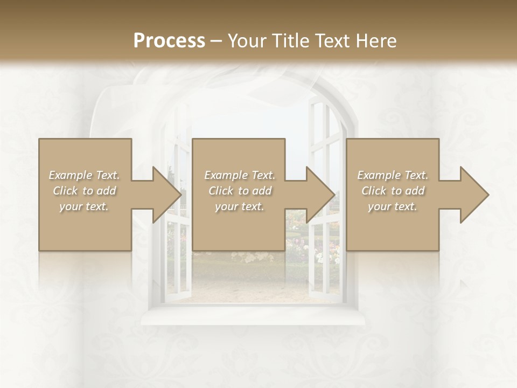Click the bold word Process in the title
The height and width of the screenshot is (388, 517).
169,41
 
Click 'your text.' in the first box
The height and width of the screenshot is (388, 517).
84,206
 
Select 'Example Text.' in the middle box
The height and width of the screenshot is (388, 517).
240,175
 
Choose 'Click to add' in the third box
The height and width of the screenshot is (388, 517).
393,191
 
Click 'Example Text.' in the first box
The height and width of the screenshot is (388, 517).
84,175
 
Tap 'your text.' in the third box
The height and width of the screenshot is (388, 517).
393,206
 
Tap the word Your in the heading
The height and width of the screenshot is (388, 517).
243,41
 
